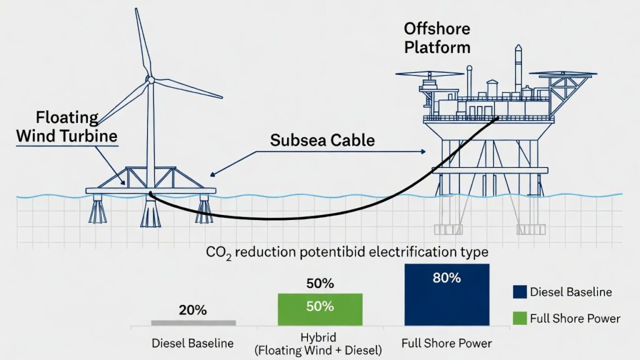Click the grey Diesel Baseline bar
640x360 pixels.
pos(194,322)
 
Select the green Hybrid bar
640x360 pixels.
pos(319,309)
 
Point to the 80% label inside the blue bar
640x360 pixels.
pos(446,278)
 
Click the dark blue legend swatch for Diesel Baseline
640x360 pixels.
pos(518,292)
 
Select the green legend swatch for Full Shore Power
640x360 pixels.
pos(518,319)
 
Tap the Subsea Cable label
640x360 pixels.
pos(322,140)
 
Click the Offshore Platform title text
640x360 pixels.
pos(437,37)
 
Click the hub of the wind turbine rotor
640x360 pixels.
pos(150,79)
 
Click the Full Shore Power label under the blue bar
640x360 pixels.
pos(446,343)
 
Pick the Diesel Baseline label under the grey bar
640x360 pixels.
pos(193,343)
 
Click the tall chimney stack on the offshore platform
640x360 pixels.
pos(518,69)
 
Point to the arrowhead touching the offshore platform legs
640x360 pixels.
pos(426,151)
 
